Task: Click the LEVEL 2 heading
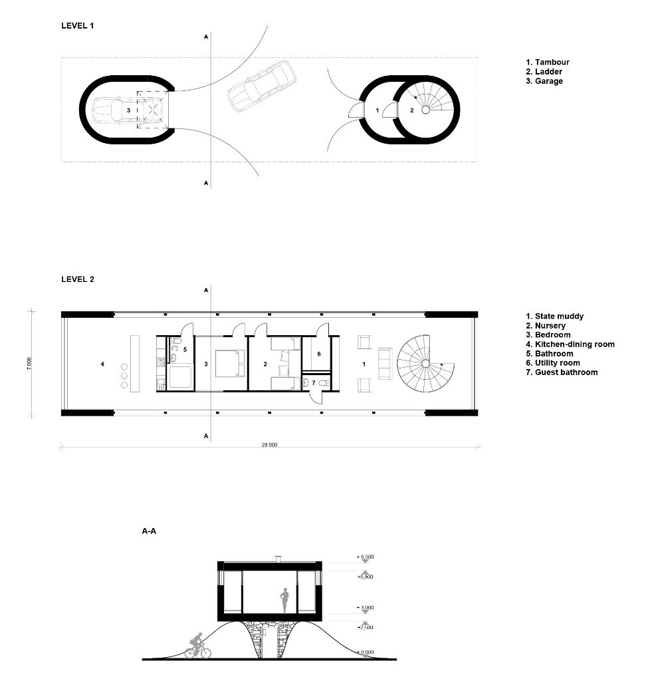click(77, 279)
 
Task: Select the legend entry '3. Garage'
click(544, 81)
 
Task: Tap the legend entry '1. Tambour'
click(548, 63)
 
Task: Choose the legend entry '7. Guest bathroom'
click(561, 372)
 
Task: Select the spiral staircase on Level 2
click(424, 363)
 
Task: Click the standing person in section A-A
click(284, 602)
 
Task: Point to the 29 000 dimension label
click(269, 444)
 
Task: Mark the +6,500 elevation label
click(367, 556)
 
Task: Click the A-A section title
click(149, 531)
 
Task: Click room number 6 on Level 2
click(319, 354)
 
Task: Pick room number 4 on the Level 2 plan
click(102, 364)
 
